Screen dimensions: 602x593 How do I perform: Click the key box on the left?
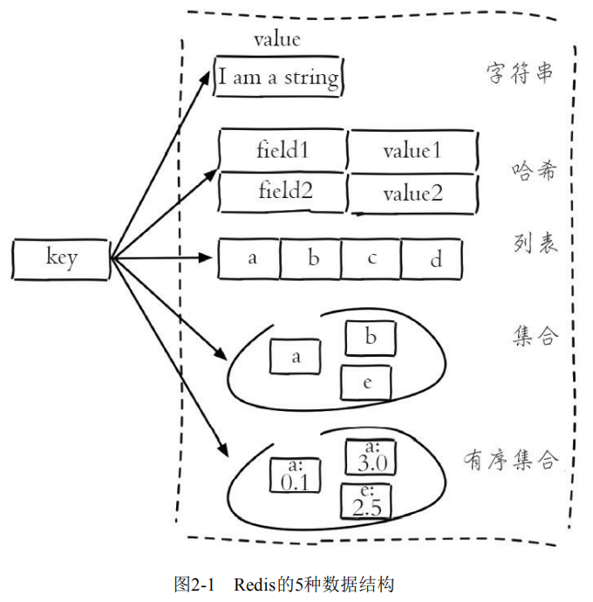tap(61, 258)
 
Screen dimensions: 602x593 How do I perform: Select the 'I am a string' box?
tap(278, 78)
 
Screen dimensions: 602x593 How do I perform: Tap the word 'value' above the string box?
tap(276, 39)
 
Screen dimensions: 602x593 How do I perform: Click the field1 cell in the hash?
tap(283, 150)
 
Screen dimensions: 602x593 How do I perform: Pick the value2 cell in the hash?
tap(412, 193)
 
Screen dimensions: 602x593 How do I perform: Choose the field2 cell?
tap(283, 191)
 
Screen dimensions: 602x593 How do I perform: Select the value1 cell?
tap(412, 150)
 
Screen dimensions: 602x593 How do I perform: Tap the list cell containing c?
tap(371, 259)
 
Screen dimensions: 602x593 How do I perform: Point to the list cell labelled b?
tap(313, 259)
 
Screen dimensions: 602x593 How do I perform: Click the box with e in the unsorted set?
tap(366, 382)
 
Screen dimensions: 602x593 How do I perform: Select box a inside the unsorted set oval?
tap(296, 356)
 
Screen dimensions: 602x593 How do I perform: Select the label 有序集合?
tap(508, 460)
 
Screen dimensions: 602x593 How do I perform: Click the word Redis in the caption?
tap(254, 583)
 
